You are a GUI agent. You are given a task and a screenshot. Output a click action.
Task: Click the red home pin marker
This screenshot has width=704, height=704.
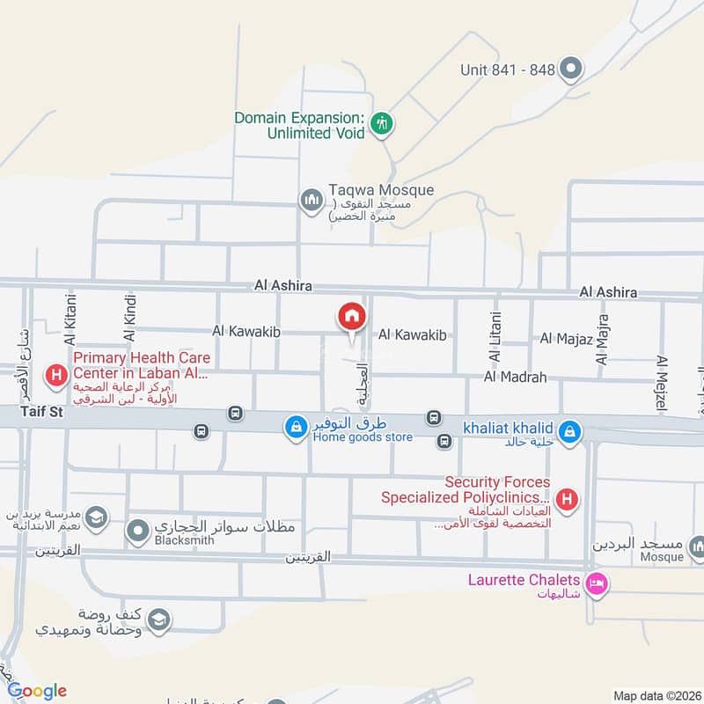pyautogui.click(x=351, y=316)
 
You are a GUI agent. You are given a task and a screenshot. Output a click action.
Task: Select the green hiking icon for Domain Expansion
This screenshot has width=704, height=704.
pyautogui.click(x=381, y=124)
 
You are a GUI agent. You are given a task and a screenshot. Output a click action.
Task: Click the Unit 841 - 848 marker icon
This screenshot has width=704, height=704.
pyautogui.click(x=572, y=68)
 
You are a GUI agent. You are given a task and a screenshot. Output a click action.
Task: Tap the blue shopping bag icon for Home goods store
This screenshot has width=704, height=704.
pyautogui.click(x=296, y=428)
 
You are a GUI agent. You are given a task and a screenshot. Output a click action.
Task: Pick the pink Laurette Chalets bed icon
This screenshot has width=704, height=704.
pyautogui.click(x=598, y=584)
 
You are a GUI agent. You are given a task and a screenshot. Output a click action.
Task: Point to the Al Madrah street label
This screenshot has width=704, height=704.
pyautogui.click(x=515, y=378)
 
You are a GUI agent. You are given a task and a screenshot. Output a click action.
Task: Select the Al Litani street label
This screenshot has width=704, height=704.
pyautogui.click(x=494, y=338)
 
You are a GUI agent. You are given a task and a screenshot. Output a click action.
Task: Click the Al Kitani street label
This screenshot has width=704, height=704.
pyautogui.click(x=70, y=318)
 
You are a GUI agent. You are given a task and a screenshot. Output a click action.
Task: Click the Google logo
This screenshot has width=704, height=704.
pyautogui.click(x=38, y=690)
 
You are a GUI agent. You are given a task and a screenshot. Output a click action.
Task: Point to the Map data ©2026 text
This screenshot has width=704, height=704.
pyautogui.click(x=656, y=695)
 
